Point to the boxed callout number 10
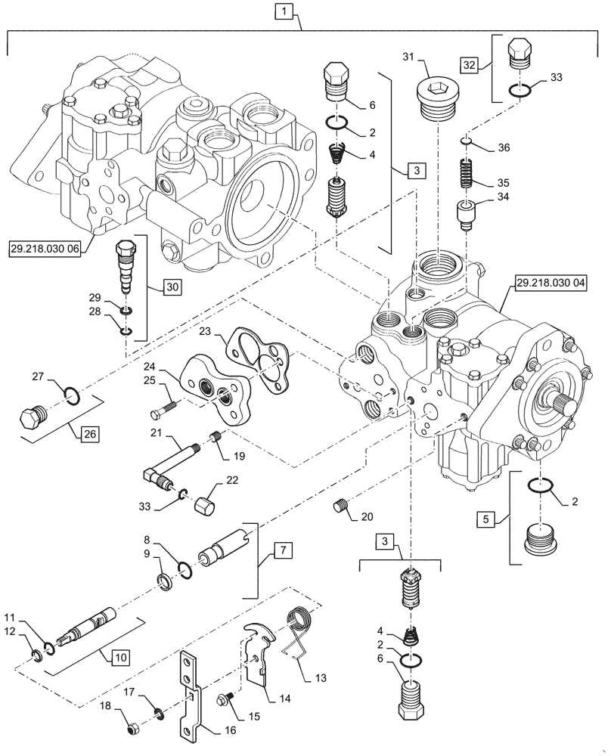click(121, 658)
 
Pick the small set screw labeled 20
click(340, 506)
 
